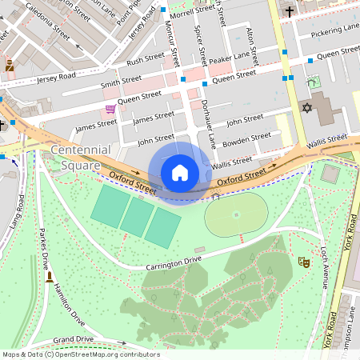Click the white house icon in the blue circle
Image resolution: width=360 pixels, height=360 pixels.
coord(180,172)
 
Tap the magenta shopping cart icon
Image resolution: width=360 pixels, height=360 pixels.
coord(110,109)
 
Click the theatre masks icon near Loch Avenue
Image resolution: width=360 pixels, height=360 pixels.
coord(304,261)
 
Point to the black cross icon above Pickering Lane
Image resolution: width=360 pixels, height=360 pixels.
coord(290,12)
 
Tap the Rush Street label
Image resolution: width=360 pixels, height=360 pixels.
coord(146,59)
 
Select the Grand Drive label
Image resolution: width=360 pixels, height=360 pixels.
coord(73,340)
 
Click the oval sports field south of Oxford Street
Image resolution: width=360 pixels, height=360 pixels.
coord(235,214)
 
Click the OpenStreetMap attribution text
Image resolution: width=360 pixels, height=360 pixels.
coord(80,354)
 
